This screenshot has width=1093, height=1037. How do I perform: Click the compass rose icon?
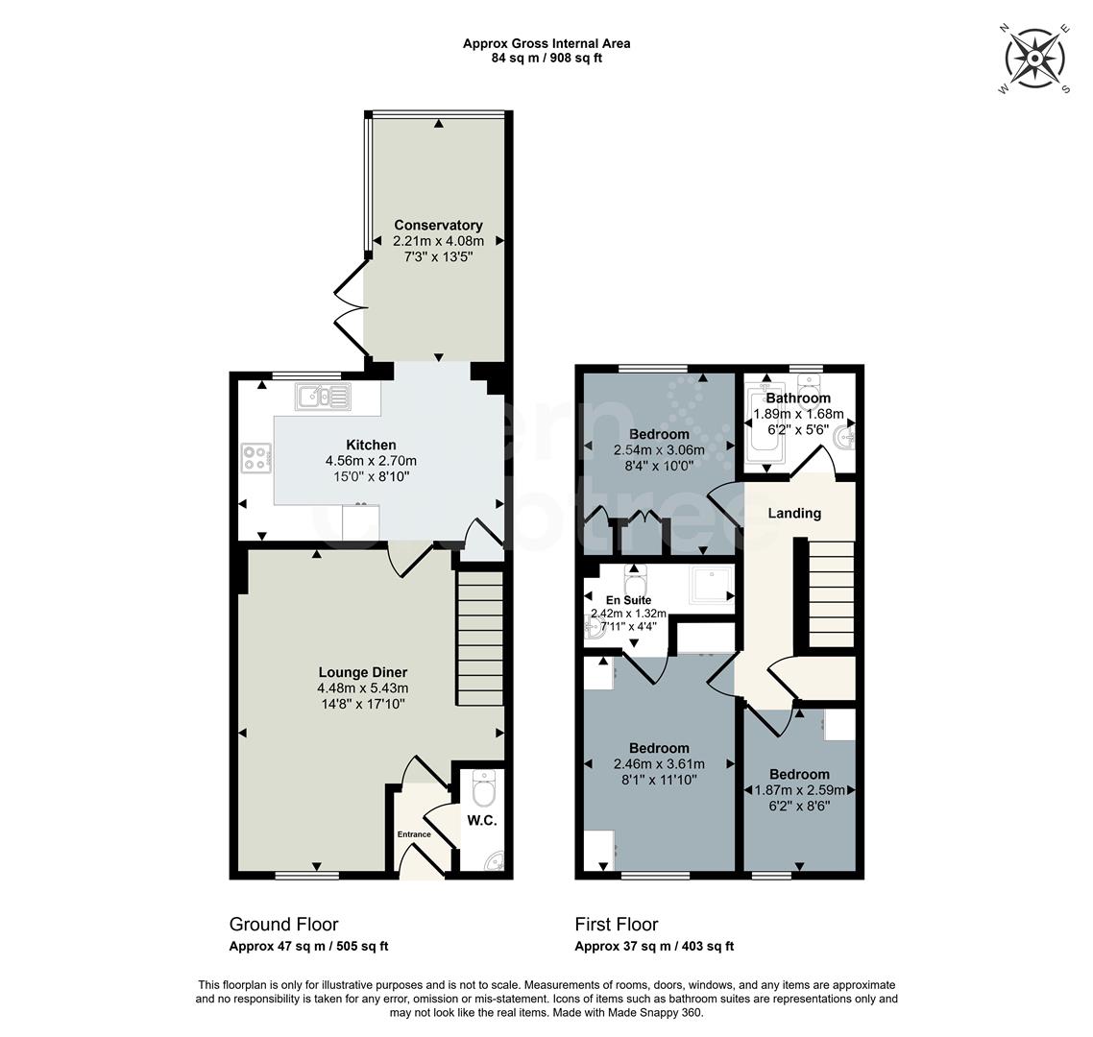tap(1036, 60)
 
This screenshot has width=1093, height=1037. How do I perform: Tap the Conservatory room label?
tap(438, 226)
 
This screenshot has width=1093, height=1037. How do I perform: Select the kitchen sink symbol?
tap(324, 396)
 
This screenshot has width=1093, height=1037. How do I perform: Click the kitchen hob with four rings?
tap(255, 459)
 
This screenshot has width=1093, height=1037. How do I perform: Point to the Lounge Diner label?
tap(363, 672)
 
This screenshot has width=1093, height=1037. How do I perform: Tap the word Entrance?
tap(415, 834)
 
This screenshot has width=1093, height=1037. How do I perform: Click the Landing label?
tap(794, 513)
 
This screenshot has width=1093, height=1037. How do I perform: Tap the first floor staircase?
tap(831, 594)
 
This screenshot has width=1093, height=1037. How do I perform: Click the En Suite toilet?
tap(635, 582)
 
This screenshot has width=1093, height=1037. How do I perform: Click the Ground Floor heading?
tap(283, 925)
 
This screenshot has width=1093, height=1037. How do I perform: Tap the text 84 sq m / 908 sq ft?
tap(546, 58)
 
